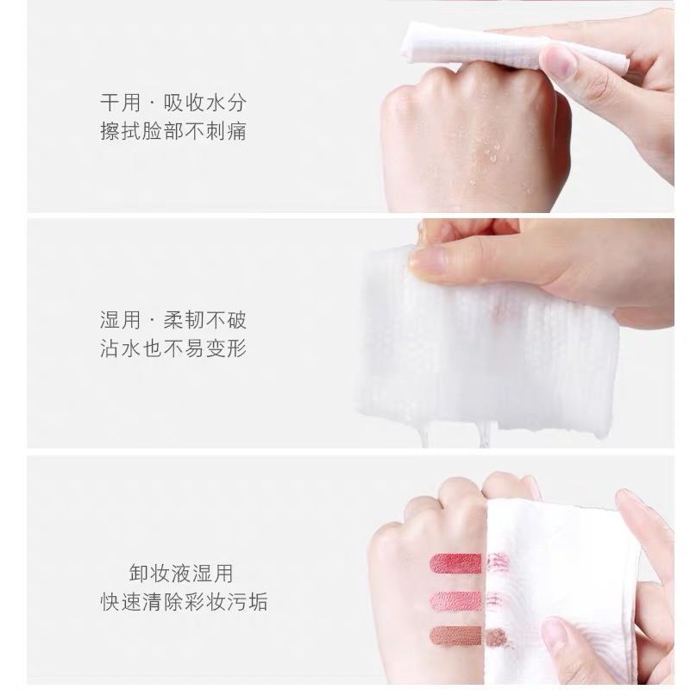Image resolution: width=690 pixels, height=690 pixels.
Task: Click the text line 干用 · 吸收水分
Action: tap(173, 103)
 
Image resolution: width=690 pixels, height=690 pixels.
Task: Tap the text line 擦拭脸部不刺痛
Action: tap(173, 131)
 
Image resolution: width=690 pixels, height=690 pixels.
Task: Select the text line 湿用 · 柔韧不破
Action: tap(173, 320)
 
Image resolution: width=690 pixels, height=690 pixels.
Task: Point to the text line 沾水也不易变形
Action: tap(173, 348)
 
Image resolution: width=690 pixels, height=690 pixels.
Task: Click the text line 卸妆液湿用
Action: tap(181, 574)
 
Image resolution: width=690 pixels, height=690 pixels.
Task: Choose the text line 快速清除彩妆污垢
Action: tap(184, 601)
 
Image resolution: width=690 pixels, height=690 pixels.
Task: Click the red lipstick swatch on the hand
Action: tap(456, 563)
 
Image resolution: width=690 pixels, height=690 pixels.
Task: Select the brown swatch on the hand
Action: tap(456, 637)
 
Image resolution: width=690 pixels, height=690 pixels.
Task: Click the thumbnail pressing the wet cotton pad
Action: tap(428, 260)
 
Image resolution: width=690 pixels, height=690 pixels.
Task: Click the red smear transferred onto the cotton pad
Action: tap(499, 562)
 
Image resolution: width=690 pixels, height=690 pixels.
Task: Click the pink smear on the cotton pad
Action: tap(494, 599)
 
